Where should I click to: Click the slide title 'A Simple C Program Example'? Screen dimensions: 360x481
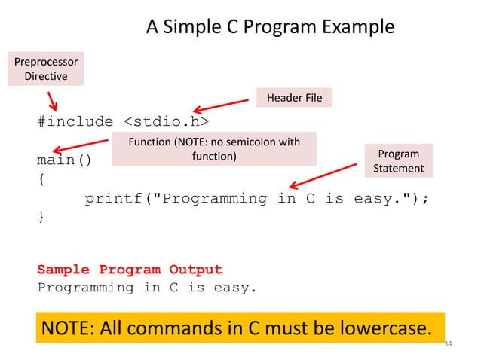(269, 28)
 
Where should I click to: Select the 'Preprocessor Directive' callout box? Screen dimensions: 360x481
(46, 69)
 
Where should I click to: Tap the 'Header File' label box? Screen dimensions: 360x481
(294, 98)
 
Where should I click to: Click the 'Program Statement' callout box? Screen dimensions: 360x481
(399, 161)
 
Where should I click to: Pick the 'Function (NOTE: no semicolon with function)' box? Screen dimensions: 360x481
(213, 149)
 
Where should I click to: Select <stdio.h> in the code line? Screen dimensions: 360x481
(166, 121)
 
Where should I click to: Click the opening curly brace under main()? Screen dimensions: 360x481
(41, 180)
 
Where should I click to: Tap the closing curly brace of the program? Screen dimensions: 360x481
(41, 218)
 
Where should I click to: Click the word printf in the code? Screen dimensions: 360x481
(112, 199)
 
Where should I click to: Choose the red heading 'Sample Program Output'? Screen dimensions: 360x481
(130, 270)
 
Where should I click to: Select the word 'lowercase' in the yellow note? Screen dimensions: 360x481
(379, 328)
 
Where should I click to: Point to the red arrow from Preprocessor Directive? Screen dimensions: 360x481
(54, 101)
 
